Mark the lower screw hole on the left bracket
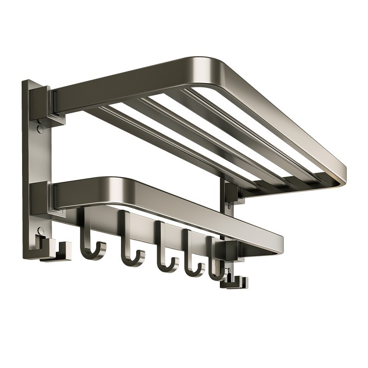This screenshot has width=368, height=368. point(41,230)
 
